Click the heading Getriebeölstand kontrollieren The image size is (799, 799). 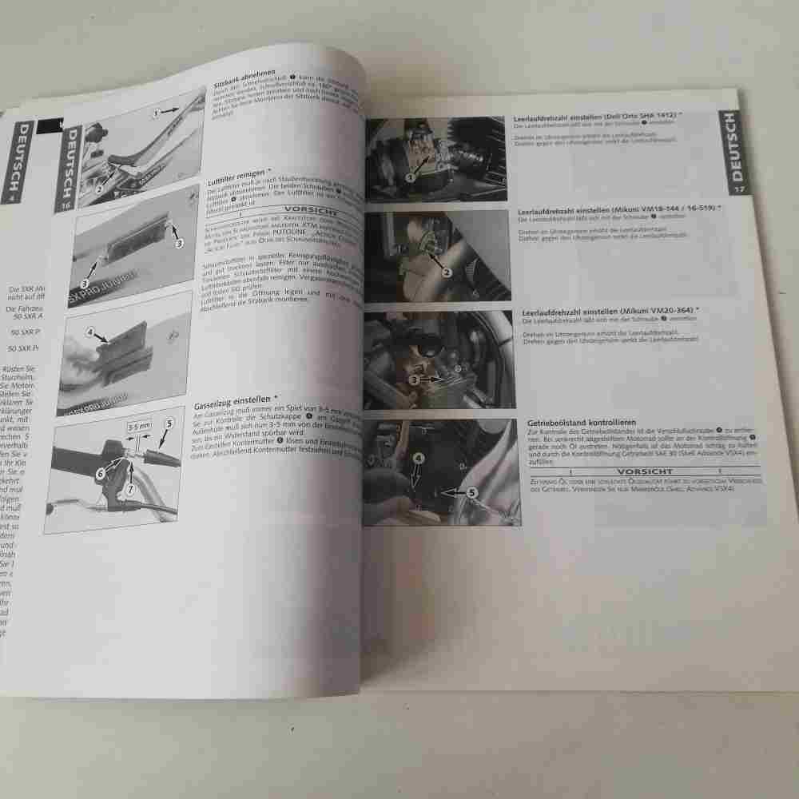582,421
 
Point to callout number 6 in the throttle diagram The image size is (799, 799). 101,472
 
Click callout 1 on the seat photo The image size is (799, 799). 157,113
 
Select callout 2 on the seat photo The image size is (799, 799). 99,189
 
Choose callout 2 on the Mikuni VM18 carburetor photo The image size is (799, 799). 447,272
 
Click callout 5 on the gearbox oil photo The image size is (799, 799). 471,493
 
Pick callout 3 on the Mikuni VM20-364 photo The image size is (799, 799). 414,380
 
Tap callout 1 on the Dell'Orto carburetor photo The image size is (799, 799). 410,177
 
